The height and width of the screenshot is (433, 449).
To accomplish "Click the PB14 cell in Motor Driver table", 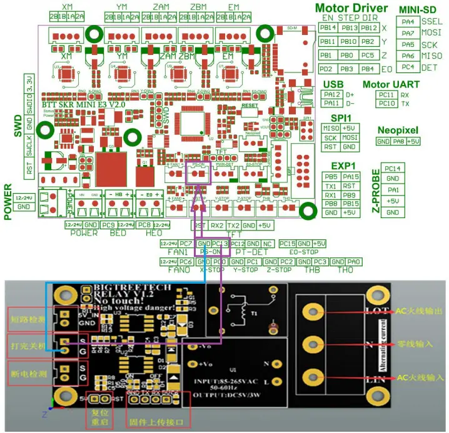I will tap(327, 27).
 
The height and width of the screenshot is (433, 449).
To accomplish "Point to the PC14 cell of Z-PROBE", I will tap(393, 168).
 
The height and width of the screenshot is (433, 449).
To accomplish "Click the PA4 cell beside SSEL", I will tap(408, 21).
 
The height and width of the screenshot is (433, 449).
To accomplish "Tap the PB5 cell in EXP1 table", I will tap(331, 176).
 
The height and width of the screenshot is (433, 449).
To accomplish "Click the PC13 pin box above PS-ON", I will tap(219, 243).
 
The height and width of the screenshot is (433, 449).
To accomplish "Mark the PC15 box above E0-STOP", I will tap(287, 243).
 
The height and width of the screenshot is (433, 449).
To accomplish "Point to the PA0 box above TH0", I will tap(354, 262).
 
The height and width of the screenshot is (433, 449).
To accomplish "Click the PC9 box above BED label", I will tap(108, 224).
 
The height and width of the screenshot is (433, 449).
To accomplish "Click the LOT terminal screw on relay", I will tap(311, 311).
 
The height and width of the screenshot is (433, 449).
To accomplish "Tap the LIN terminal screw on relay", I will tap(311, 377).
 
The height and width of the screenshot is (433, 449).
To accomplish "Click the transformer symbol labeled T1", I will tap(236, 311).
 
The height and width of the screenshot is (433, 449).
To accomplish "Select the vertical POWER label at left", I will tap(9, 202).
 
